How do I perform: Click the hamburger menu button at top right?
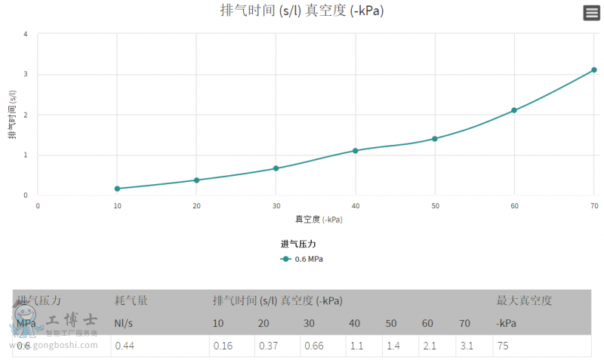point(592,13)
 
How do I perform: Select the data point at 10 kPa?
point(117,189)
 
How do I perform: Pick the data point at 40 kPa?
point(356,151)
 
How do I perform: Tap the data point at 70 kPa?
point(594,70)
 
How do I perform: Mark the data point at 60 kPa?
point(514,110)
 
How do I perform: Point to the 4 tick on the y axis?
point(26,35)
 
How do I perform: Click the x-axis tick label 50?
point(435,205)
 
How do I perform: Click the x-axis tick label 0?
point(38,205)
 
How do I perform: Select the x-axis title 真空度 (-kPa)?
point(318,220)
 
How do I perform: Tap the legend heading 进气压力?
point(297,244)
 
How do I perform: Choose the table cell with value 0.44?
point(124,346)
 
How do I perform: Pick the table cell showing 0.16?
point(223,346)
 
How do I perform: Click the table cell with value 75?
point(503,346)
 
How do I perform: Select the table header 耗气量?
point(131,300)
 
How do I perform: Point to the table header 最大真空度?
point(524,300)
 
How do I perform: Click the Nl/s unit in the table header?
point(125,323)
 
